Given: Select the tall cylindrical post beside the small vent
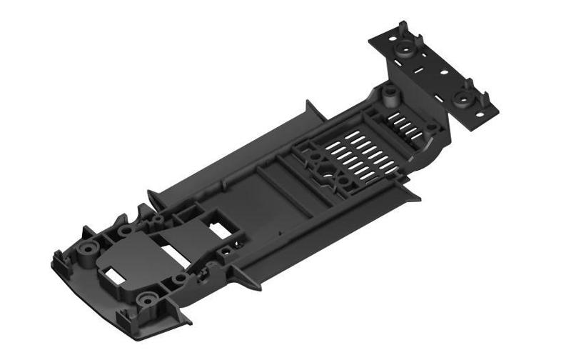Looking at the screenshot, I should (390, 93).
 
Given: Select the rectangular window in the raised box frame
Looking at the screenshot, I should (217, 225).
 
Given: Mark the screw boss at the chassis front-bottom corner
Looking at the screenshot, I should (148, 300).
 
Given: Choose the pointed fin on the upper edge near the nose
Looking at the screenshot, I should (154, 196).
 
